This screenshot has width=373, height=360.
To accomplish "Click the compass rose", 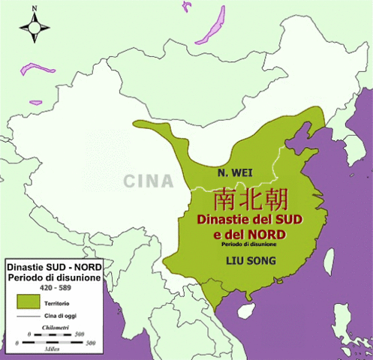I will (33, 28).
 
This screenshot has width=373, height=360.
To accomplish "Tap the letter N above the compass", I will (33, 9).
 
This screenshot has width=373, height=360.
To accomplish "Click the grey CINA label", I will (148, 181).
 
